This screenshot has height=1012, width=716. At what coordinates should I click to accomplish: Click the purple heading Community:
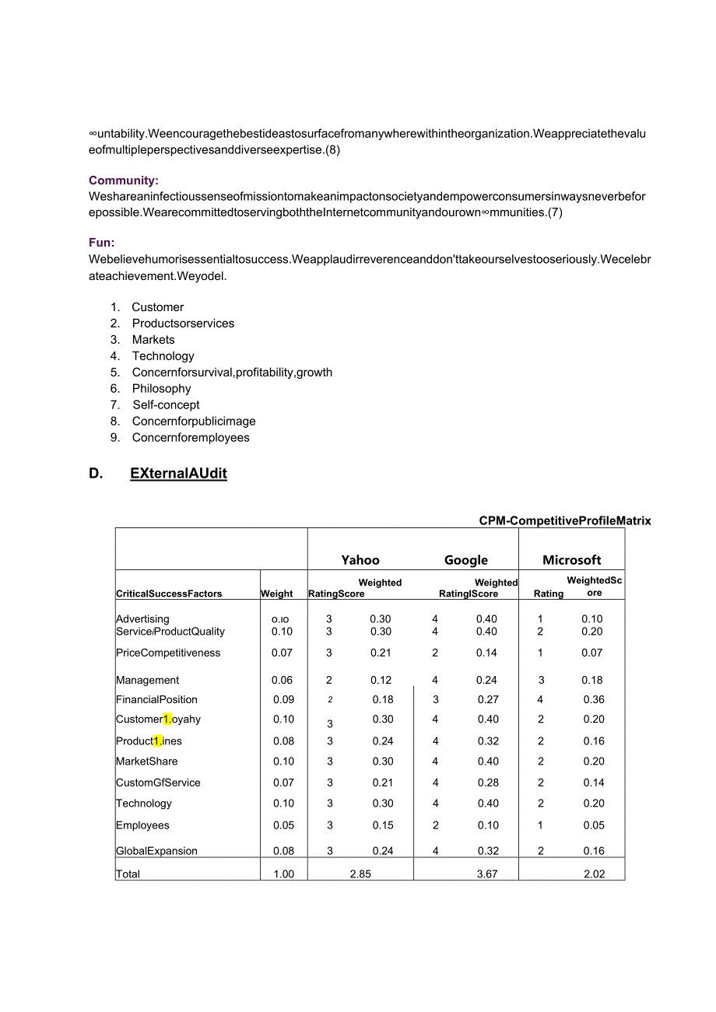point(124,180)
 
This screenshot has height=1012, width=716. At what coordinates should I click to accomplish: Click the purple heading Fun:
point(102,243)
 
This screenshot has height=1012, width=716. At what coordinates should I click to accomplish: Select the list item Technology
point(163,356)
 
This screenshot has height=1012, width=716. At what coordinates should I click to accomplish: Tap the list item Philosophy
point(161,389)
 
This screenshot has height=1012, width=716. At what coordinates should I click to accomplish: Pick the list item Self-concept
point(166,405)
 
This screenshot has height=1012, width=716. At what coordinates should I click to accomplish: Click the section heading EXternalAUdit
point(178,474)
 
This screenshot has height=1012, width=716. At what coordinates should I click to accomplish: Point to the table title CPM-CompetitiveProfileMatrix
point(565,521)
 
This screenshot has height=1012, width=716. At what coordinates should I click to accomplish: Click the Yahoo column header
point(360,560)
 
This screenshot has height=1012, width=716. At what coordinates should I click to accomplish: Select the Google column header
point(466,560)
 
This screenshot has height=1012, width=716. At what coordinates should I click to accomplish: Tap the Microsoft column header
point(572,560)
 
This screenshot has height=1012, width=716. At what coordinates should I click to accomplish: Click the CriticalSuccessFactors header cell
point(169,594)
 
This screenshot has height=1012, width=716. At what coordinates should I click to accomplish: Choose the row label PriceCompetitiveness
point(168,653)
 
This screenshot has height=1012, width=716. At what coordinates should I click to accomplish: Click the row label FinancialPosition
point(156,700)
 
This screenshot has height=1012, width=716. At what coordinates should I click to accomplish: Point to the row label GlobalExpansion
point(156,851)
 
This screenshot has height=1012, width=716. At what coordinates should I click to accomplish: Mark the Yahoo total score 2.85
point(360,874)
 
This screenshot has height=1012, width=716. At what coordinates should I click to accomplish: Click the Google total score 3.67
point(487,874)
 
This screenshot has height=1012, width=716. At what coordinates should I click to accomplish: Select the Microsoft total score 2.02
point(595,874)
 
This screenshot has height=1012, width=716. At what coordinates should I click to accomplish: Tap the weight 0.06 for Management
point(282,681)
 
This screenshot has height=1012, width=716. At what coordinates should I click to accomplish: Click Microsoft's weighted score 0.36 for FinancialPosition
point(594,700)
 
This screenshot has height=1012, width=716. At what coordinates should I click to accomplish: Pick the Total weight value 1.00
point(284,874)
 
